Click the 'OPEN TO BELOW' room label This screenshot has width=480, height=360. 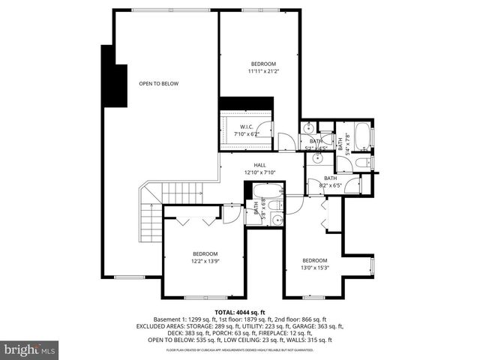click(158, 83)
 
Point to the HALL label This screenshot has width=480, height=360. click(259, 165)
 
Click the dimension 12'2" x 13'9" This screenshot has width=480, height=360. click(204, 261)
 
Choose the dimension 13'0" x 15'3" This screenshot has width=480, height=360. click(315, 268)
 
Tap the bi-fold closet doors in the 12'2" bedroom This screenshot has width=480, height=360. click(193, 220)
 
